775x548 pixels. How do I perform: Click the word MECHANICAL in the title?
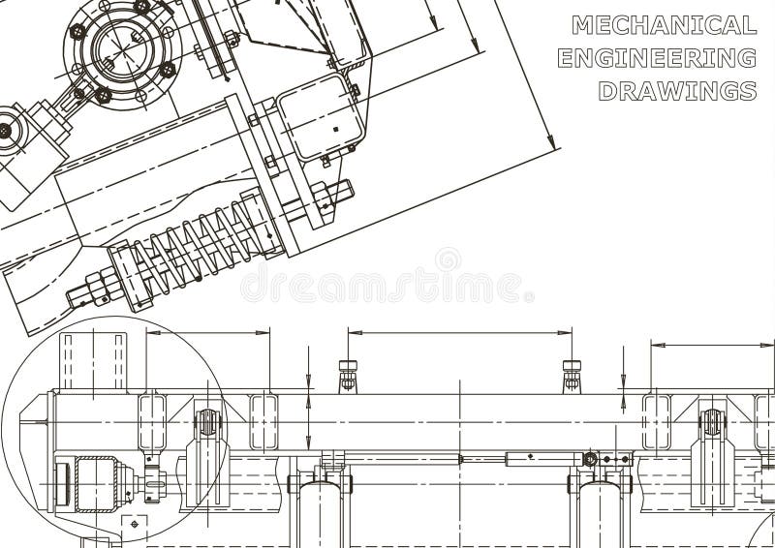[663, 25]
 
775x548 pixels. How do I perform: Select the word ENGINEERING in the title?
[657, 58]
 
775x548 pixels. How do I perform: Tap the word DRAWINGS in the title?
[677, 91]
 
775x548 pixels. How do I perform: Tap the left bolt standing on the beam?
[348, 376]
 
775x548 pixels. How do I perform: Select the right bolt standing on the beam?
[572, 376]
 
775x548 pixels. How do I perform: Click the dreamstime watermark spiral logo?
[448, 259]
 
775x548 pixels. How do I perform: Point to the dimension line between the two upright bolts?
[459, 333]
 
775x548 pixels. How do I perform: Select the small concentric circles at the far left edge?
[5, 130]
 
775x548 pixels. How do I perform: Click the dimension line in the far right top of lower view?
[712, 344]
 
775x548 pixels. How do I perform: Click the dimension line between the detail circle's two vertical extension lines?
[207, 333]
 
